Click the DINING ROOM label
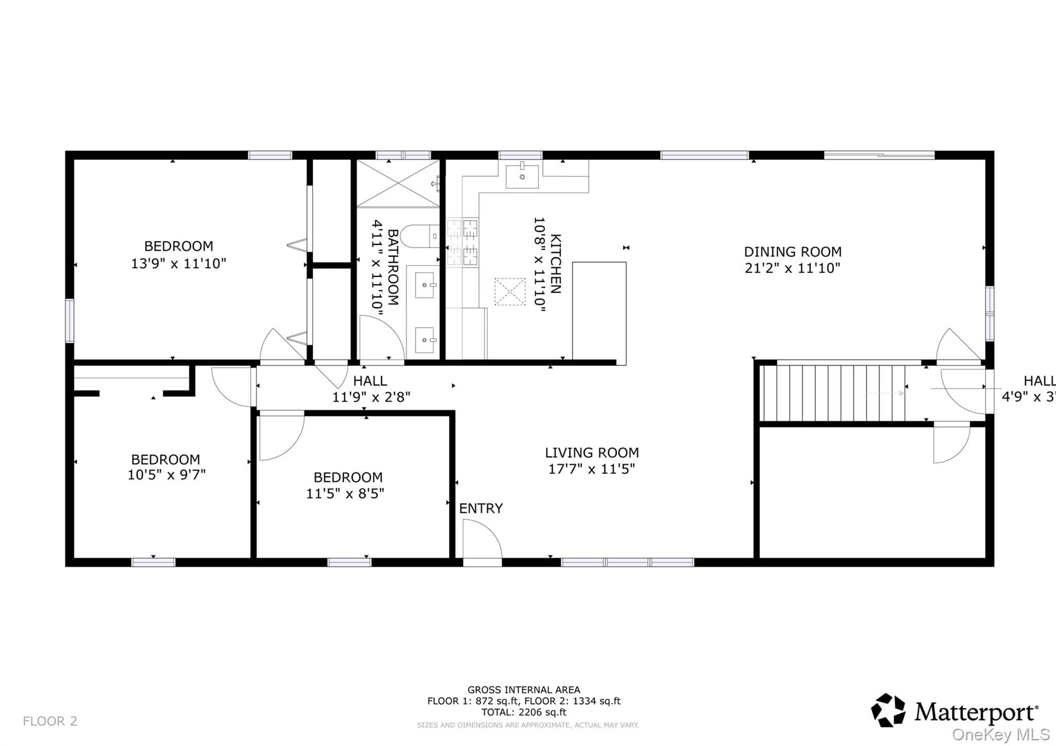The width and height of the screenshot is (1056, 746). [793, 252]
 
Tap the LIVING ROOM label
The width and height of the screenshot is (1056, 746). [592, 453]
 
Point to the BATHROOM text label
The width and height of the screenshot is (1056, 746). [393, 267]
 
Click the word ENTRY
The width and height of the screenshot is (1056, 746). [481, 508]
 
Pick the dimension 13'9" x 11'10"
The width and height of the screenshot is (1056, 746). [178, 263]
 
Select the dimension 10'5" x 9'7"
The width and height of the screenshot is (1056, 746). [167, 474]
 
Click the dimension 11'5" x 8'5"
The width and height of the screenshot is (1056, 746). [345, 493]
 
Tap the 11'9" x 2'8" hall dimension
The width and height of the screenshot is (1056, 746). [371, 397]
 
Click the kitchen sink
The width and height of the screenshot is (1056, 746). [522, 176]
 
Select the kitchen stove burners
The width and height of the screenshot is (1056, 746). [463, 242]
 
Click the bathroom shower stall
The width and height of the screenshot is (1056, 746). [398, 183]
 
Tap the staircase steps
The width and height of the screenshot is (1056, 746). [834, 393]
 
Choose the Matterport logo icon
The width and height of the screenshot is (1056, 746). [888, 710]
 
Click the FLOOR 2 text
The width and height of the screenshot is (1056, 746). [50, 721]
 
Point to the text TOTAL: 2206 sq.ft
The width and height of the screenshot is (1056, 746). [524, 712]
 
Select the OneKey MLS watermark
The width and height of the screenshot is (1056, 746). [1001, 734]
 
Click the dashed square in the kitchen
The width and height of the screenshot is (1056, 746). [510, 292]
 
